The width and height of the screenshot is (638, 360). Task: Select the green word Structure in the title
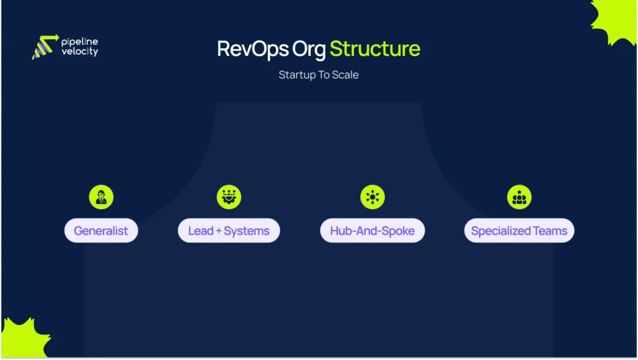374,49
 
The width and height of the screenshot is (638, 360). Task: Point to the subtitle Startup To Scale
318,75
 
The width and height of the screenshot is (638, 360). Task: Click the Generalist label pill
101,231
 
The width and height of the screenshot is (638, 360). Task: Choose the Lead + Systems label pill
229,231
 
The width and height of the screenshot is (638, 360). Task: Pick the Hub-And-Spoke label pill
372,231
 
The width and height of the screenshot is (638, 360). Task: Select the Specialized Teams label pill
519,231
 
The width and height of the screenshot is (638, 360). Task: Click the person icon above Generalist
101,197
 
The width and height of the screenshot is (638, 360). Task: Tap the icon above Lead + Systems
229,197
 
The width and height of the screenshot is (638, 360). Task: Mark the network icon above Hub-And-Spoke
372,197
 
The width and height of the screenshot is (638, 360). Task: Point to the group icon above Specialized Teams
519,197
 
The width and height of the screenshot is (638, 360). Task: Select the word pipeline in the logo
80,42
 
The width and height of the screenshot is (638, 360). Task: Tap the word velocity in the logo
80,52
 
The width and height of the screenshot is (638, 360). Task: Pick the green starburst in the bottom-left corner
22,339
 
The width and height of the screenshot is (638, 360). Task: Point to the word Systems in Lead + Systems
247,231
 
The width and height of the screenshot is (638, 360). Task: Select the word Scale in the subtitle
346,75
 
